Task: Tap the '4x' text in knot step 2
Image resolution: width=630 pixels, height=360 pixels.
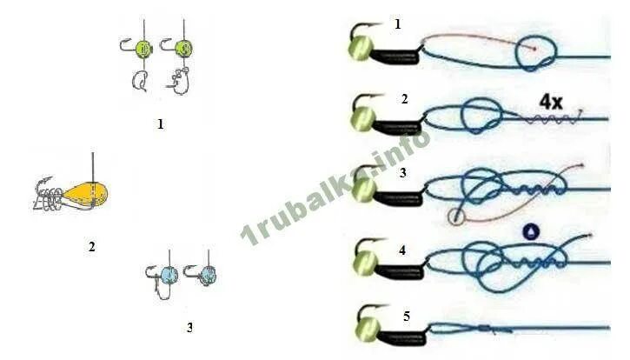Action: tap(550, 103)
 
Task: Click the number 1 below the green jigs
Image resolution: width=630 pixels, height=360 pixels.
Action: tap(160, 124)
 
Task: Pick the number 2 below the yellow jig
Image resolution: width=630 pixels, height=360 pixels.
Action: tap(91, 247)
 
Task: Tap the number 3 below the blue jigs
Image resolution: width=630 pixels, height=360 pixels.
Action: tap(189, 328)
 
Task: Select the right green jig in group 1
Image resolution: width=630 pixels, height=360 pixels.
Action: tap(184, 48)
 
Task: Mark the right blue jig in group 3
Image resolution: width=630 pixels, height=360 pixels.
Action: tap(208, 275)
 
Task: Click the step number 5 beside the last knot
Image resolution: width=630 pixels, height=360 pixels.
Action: tap(406, 314)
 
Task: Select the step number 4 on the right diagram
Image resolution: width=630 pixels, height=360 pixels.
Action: tap(402, 249)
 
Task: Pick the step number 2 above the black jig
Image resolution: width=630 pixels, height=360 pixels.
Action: tap(404, 98)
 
